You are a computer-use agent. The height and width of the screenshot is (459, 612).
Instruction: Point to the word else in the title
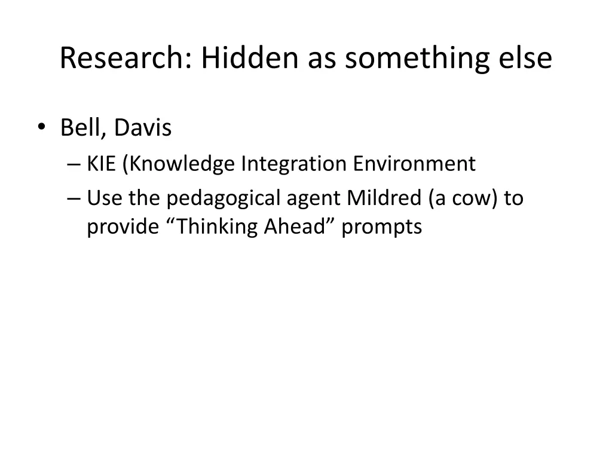[x=528, y=59]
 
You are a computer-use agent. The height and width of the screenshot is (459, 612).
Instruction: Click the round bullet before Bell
[x=41, y=127]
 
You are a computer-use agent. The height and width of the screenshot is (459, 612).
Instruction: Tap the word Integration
[x=293, y=164]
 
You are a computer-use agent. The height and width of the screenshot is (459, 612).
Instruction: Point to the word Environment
[x=414, y=164]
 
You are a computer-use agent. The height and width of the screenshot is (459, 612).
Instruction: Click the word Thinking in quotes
[x=212, y=228]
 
